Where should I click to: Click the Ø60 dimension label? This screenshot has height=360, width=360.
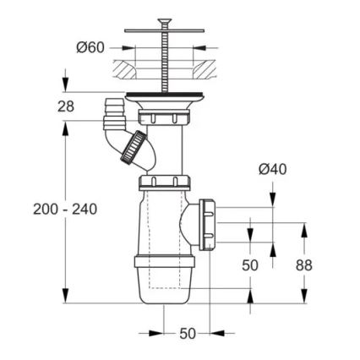pos(90,47)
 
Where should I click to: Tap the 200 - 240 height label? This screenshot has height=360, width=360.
pos(65,209)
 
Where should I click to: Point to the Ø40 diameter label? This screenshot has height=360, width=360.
pos(272,169)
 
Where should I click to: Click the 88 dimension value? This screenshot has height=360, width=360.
pos(303,265)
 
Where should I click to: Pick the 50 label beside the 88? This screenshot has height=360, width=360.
pos(250,265)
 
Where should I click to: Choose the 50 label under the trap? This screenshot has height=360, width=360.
pos(188,333)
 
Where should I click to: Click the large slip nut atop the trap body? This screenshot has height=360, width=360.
pos(166,183)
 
